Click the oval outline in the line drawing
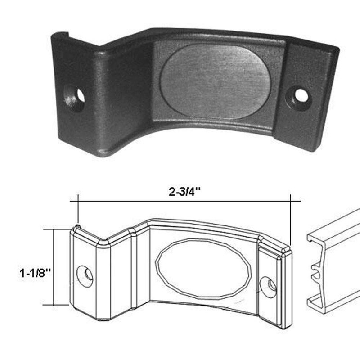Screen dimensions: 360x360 pos(203,268)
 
